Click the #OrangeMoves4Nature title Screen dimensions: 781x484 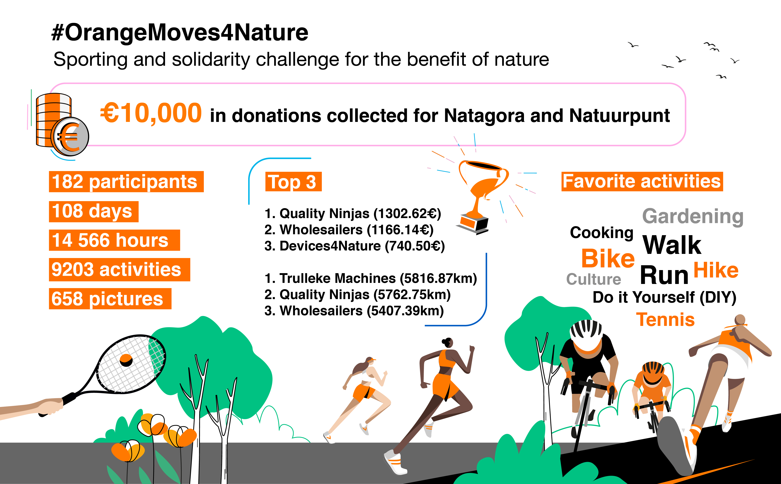click(180, 33)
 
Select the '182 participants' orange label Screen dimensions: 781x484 click(126, 181)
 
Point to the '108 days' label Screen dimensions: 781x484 click(94, 212)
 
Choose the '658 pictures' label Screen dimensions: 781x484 click(110, 299)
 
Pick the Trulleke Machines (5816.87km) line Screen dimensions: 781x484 click(371, 279)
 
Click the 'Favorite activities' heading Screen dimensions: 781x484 click(642, 181)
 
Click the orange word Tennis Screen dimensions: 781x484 click(665, 319)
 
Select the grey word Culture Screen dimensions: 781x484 click(594, 279)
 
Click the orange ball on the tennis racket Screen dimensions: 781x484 click(126, 360)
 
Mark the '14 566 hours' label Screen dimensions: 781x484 click(115, 240)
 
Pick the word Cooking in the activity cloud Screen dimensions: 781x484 click(602, 233)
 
